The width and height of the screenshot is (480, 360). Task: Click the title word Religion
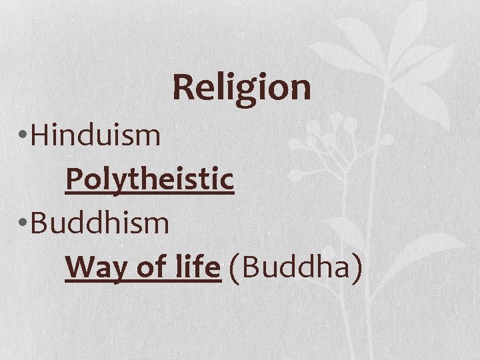[241, 88]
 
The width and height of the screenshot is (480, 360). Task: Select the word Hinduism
[96, 135]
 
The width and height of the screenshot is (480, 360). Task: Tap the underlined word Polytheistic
[150, 179]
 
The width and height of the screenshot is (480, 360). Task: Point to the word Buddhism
[100, 223]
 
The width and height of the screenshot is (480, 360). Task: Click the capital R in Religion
[184, 87]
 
